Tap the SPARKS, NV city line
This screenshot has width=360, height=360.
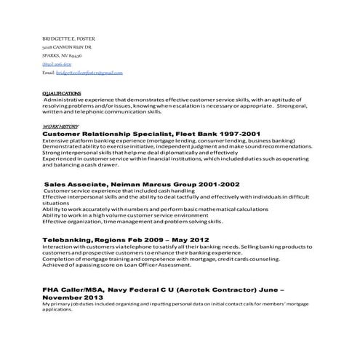(62, 55)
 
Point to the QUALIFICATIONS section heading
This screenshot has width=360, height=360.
(62, 93)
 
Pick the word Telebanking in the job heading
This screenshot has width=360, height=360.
(66, 239)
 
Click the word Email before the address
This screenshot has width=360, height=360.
(49, 73)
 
